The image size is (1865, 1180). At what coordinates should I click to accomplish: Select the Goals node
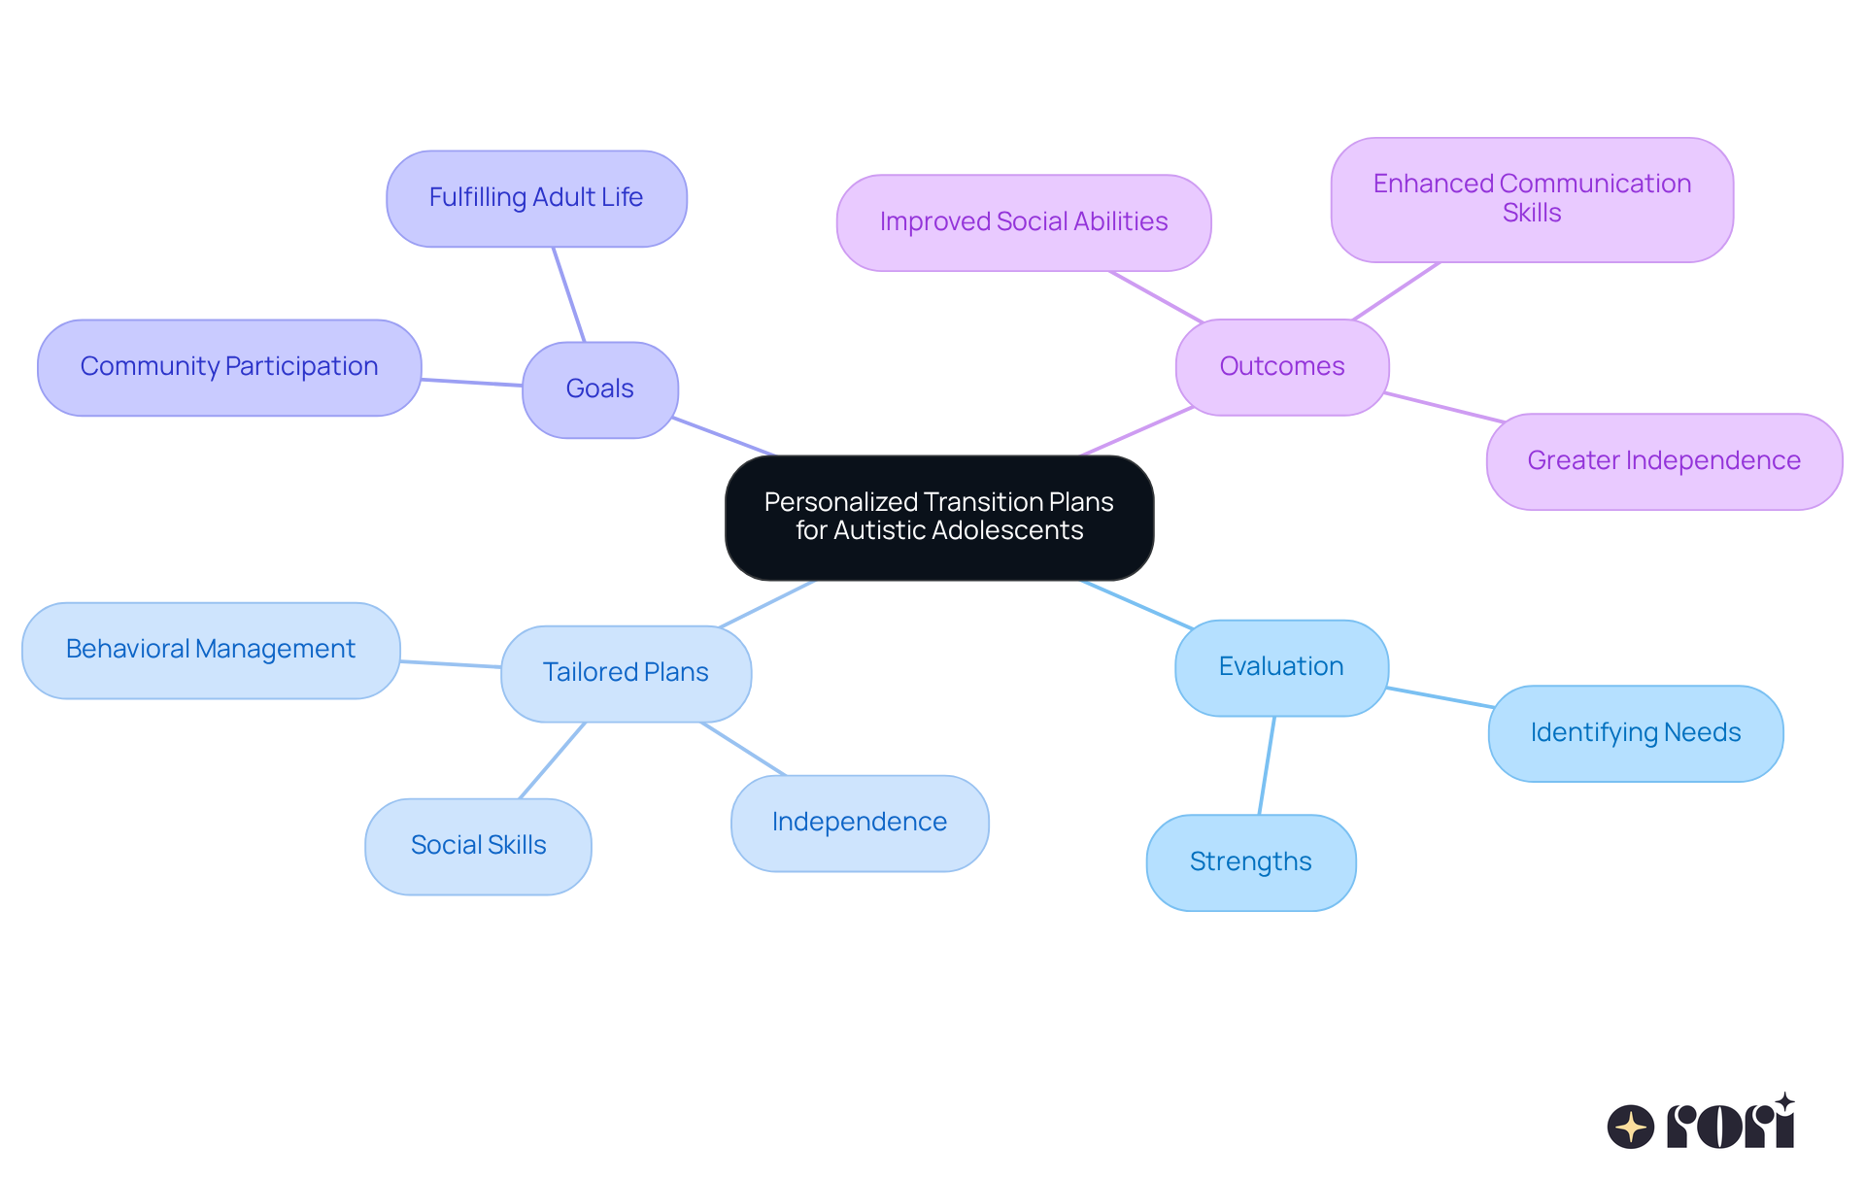[599, 389]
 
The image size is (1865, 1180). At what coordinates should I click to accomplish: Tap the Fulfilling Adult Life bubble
[536, 198]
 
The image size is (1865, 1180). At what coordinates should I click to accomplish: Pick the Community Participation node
[229, 367]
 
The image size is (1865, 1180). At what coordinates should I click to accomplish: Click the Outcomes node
[1281, 367]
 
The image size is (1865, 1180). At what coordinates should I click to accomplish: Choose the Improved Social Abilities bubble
[1023, 222]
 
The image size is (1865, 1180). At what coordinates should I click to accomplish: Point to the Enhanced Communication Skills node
[1531, 199]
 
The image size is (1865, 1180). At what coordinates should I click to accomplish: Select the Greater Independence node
[1663, 461]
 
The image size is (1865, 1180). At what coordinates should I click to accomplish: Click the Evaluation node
[1280, 667]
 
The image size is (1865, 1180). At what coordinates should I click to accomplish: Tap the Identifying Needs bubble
[1635, 733]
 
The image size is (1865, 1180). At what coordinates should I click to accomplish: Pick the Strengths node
[1250, 862]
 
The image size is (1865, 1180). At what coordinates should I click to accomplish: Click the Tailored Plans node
[626, 673]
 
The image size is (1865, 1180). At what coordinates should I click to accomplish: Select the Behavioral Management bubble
[211, 650]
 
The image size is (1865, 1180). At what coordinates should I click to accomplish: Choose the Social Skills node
[478, 846]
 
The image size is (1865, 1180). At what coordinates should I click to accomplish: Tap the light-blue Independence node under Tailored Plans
[859, 823]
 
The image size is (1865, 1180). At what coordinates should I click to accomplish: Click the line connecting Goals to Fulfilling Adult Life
[568, 293]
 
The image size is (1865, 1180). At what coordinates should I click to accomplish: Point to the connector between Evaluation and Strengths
[1267, 765]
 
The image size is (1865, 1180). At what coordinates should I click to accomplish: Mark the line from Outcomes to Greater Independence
[1445, 408]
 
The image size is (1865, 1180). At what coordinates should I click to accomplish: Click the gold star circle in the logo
[1630, 1127]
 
